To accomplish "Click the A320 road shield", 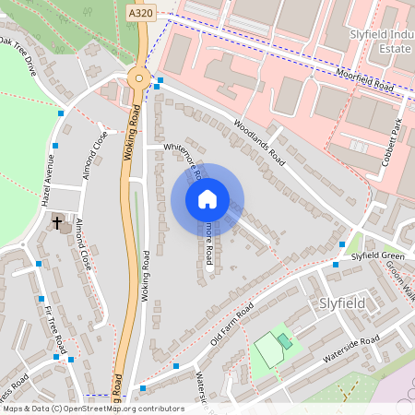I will pos(141,15).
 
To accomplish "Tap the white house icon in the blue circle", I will pos(207,199).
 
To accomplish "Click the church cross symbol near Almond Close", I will pos(57,222).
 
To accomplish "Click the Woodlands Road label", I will pos(260,143).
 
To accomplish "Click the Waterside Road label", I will pos(350,350).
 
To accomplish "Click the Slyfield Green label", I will pos(377,255).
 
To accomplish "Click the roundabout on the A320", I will pos(138,78).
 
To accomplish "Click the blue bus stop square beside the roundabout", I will pos(160,80).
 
